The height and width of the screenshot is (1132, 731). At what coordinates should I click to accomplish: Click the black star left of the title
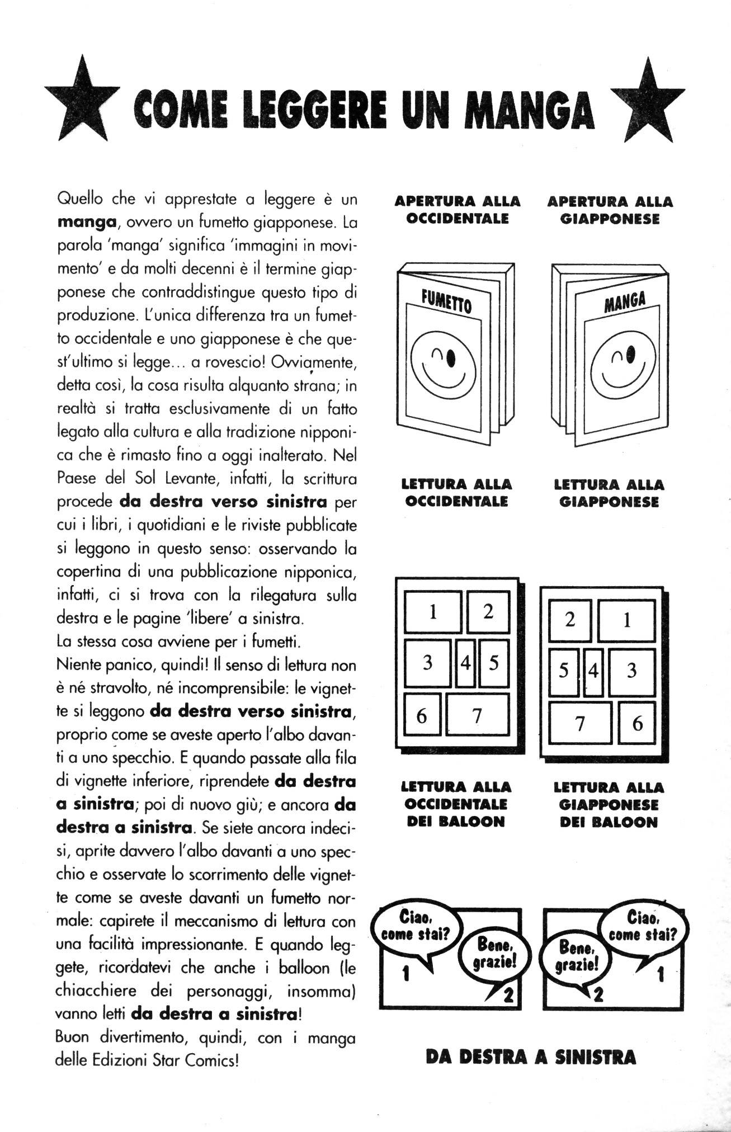click(x=82, y=101)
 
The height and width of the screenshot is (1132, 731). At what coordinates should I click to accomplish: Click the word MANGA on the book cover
click(x=625, y=301)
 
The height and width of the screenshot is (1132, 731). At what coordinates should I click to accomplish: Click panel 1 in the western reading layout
click(x=432, y=612)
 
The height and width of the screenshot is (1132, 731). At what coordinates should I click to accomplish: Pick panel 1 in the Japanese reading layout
click(x=626, y=620)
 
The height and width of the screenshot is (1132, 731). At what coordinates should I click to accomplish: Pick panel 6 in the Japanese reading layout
click(x=636, y=723)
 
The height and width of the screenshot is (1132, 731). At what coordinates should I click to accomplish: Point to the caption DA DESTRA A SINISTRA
click(x=530, y=1056)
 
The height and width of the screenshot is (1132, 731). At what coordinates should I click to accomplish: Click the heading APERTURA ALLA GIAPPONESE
click(x=610, y=210)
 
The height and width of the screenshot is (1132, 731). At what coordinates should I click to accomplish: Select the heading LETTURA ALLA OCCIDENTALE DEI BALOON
click(x=456, y=804)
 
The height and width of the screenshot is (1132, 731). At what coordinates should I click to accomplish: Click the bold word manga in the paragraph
click(x=87, y=222)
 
